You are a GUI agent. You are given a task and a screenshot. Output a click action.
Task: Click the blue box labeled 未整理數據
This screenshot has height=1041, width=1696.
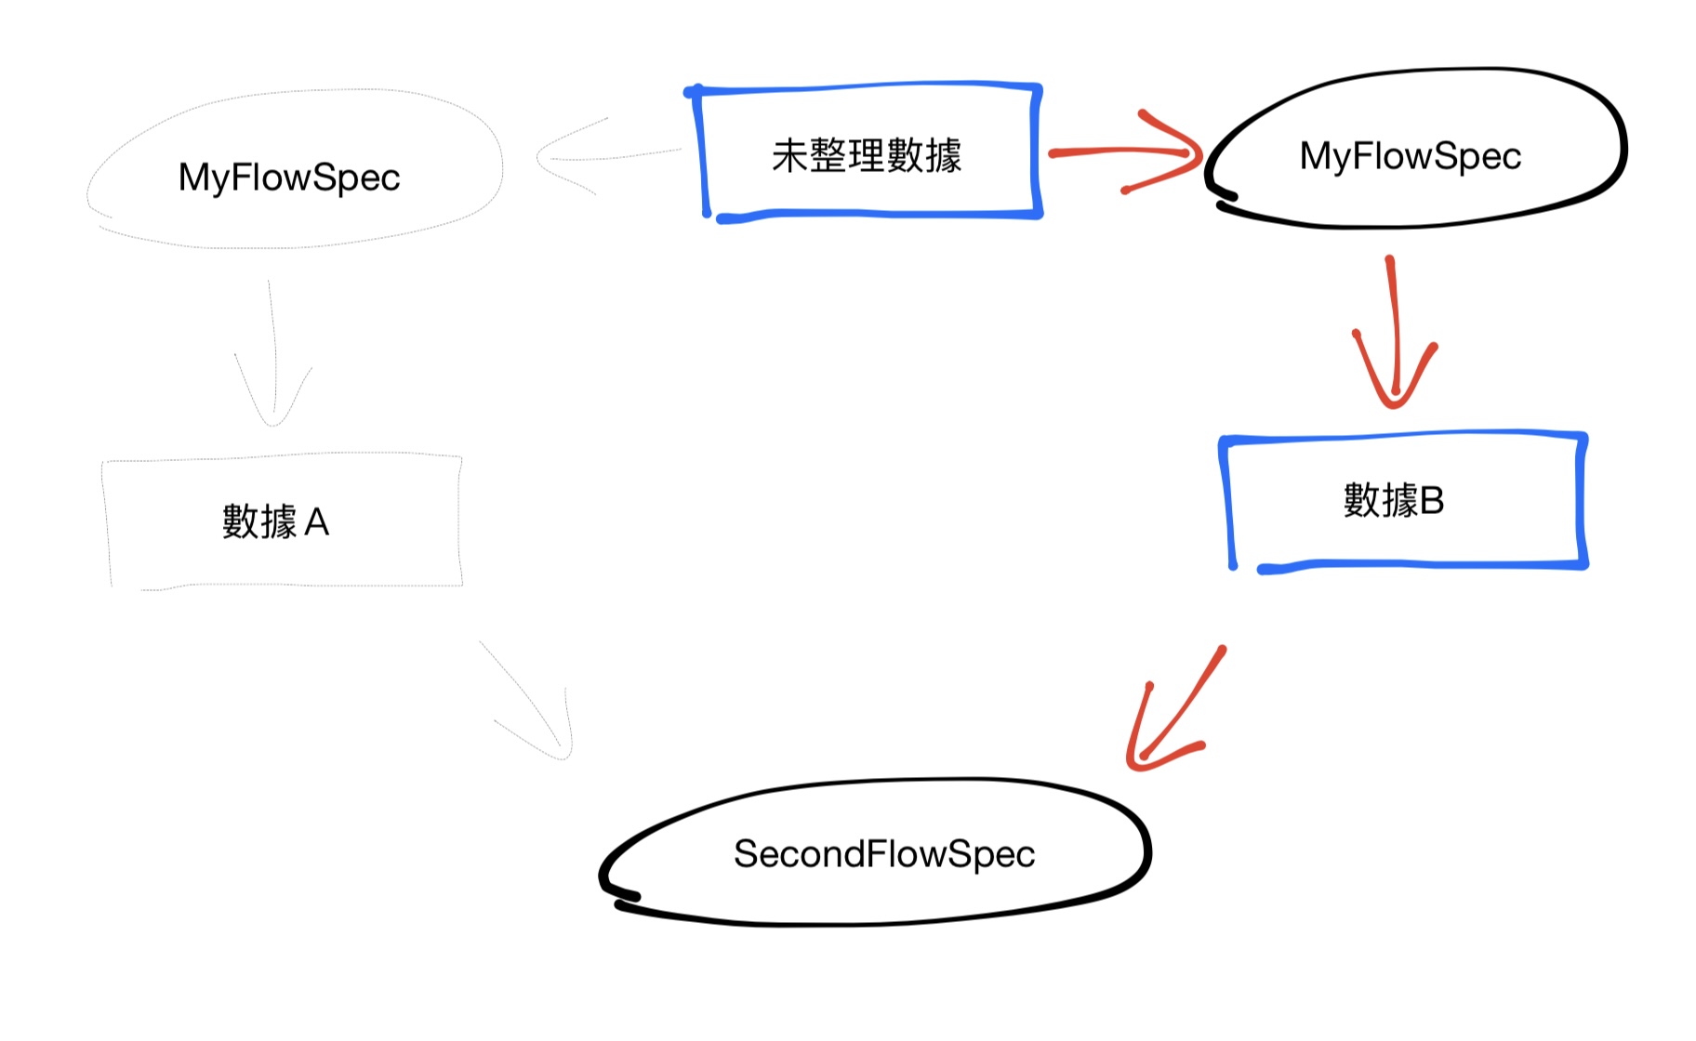[867, 152]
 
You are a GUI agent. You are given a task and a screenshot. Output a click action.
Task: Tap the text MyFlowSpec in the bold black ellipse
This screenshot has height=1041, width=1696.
[1410, 156]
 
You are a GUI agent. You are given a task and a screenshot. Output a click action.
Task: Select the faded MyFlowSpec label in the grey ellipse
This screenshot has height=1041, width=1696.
[289, 178]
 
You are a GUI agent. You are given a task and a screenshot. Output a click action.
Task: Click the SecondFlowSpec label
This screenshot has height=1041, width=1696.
[883, 853]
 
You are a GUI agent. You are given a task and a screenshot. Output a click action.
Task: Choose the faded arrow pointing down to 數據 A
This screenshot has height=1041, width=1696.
[272, 353]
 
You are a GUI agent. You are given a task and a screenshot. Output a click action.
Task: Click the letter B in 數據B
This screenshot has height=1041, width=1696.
[1432, 501]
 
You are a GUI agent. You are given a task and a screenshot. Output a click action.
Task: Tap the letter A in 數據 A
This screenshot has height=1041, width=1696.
[317, 523]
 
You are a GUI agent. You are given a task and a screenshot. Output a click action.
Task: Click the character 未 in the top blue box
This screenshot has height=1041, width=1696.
[789, 155]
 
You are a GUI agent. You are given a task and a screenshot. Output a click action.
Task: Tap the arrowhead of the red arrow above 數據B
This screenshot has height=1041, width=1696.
[1394, 390]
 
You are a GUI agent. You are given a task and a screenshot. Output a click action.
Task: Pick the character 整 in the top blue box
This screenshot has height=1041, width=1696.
[828, 155]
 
